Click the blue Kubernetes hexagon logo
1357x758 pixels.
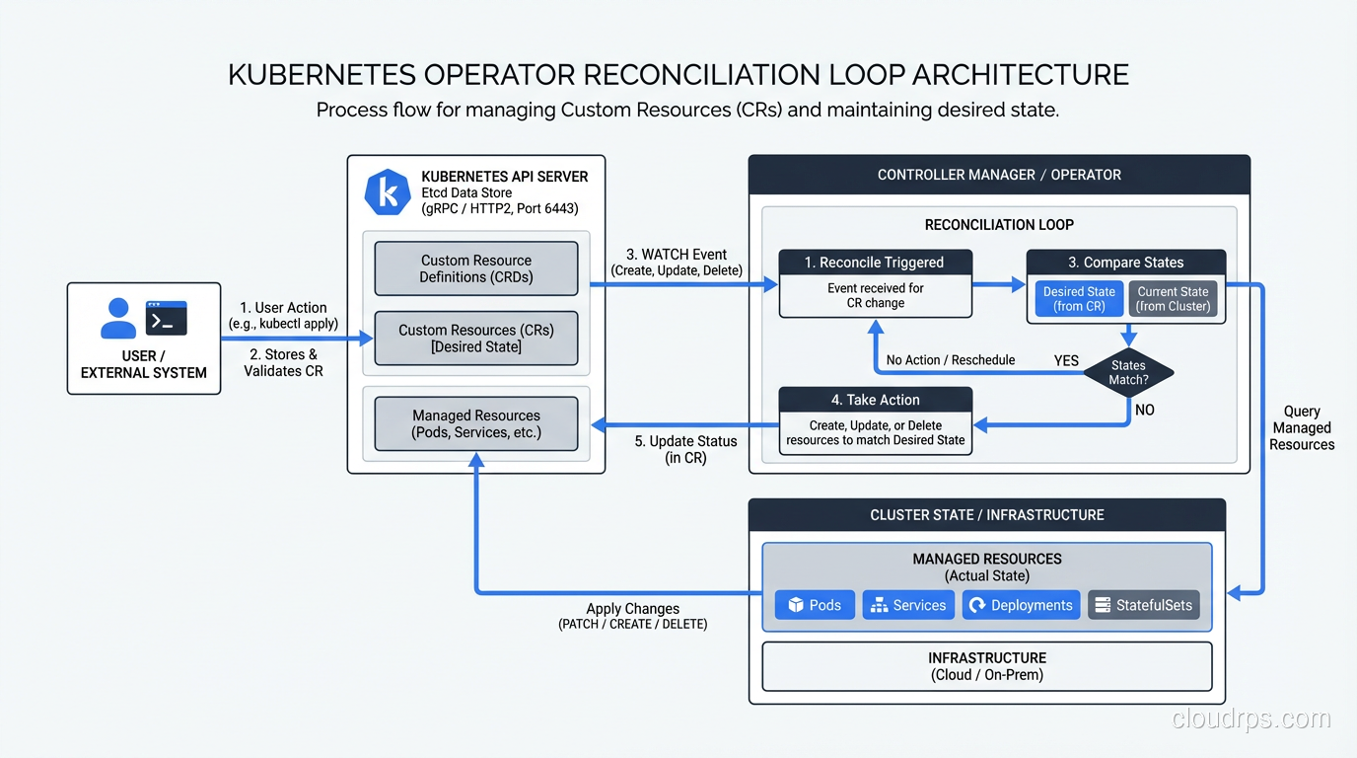tap(388, 192)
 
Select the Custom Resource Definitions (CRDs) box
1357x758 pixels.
tap(476, 268)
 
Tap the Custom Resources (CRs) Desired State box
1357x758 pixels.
tap(476, 338)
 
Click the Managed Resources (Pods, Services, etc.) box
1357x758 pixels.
tap(476, 423)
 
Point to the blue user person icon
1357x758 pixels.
tap(118, 318)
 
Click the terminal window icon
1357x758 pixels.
tap(166, 318)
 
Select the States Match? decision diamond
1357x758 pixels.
tap(1128, 372)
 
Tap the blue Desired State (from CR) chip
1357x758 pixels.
tap(1079, 299)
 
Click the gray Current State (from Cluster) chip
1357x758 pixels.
tap(1172, 299)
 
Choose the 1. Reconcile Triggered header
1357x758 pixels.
tap(875, 263)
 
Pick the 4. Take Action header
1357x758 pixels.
tap(875, 400)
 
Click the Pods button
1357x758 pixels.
tap(815, 605)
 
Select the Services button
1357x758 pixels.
tap(908, 605)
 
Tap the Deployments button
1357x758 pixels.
tap(1021, 605)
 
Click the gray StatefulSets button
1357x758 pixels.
tap(1143, 605)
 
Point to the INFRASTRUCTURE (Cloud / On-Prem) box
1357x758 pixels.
tap(986, 666)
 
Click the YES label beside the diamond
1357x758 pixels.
tap(1066, 360)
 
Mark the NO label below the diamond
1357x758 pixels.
tap(1144, 410)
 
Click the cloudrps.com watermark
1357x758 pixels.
tap(1251, 719)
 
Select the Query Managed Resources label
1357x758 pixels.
tap(1302, 428)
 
